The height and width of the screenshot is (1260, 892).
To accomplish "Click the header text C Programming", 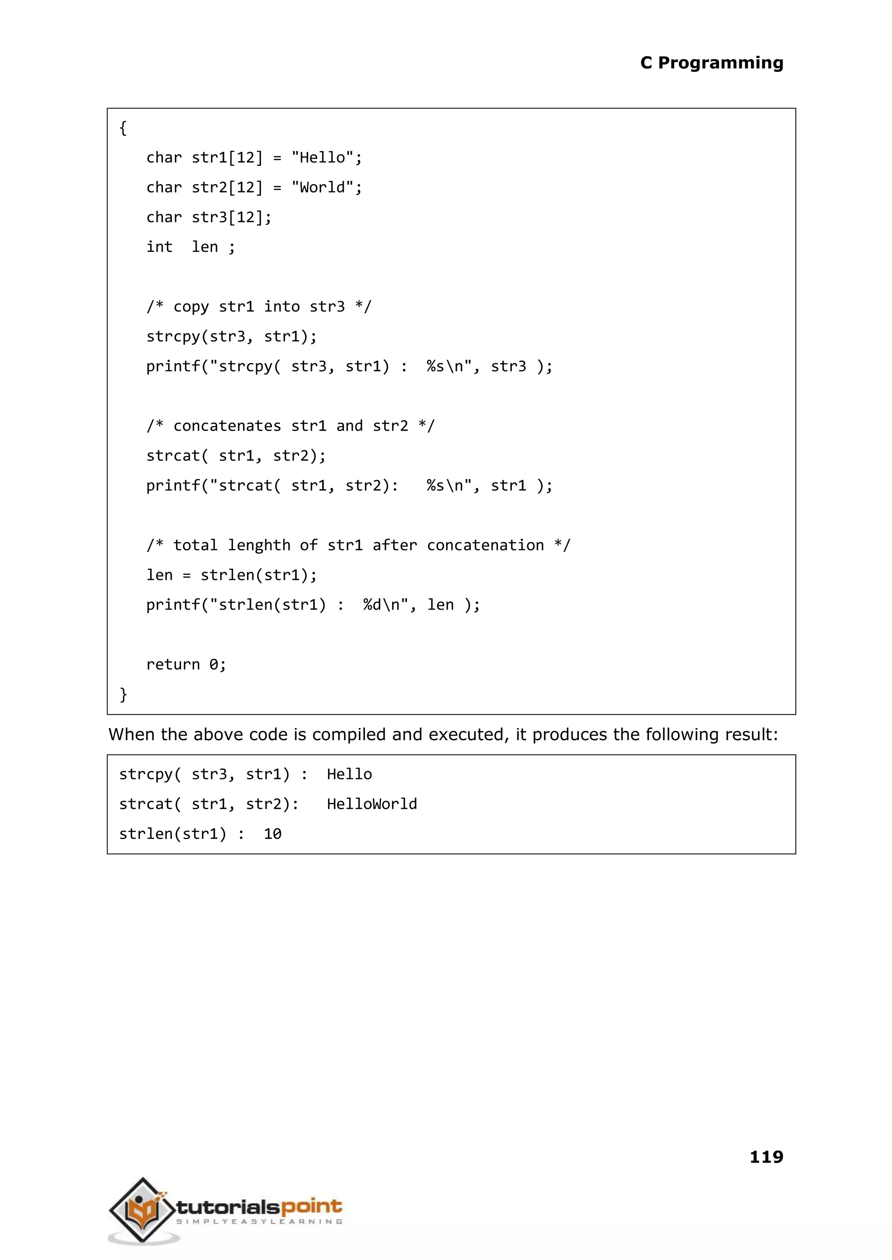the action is (x=711, y=63).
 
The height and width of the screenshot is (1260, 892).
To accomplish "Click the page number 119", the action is (x=766, y=1157).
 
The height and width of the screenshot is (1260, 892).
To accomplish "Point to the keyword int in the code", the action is (x=159, y=247).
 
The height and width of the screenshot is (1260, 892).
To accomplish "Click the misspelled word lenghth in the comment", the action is (x=259, y=545).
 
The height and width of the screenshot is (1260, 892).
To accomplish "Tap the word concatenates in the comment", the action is (x=227, y=426).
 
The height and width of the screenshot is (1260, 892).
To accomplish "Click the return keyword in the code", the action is (x=172, y=664).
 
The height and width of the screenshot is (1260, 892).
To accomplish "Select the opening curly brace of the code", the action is (x=123, y=128).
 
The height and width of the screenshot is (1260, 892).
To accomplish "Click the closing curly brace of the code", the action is (x=123, y=694).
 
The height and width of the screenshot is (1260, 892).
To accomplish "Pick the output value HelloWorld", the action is (x=372, y=804).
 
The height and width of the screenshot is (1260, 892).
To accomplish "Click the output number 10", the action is (x=272, y=834).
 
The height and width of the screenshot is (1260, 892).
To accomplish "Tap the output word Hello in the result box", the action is (x=349, y=775).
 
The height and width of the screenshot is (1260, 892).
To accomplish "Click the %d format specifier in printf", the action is (x=372, y=605).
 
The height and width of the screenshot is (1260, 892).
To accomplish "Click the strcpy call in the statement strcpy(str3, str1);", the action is (x=172, y=337).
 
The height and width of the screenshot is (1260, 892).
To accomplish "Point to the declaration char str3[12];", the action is (x=209, y=217).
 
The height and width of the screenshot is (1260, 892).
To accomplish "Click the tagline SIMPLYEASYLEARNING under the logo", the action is (x=259, y=1222).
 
